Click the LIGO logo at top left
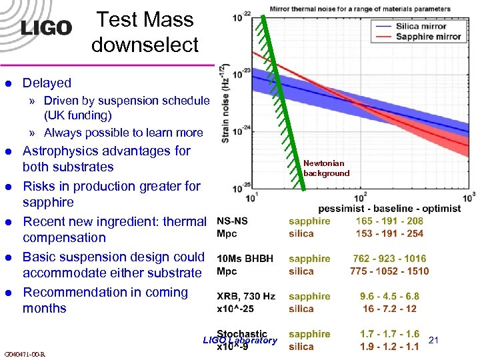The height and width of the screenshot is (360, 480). (45, 27)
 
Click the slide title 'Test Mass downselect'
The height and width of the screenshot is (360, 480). (145, 32)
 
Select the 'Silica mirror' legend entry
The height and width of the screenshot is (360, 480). (420, 25)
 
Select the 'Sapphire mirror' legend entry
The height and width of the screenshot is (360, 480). (427, 37)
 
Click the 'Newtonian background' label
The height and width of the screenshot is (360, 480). (326, 168)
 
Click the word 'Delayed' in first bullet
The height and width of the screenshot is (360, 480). (47, 83)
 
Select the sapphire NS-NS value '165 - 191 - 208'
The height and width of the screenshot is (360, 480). (389, 221)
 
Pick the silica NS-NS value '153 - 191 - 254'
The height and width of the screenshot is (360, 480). (389, 233)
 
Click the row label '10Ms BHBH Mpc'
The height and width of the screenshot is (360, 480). (245, 265)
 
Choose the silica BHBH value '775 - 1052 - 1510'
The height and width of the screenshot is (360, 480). (389, 271)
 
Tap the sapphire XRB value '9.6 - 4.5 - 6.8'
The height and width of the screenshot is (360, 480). (389, 296)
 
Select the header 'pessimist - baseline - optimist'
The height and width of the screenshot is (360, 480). (389, 208)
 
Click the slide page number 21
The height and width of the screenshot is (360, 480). (434, 341)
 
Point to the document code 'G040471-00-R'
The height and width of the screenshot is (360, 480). (24, 354)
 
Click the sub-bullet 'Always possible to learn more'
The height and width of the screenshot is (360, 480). (123, 133)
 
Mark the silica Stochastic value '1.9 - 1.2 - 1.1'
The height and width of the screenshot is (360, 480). (389, 347)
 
